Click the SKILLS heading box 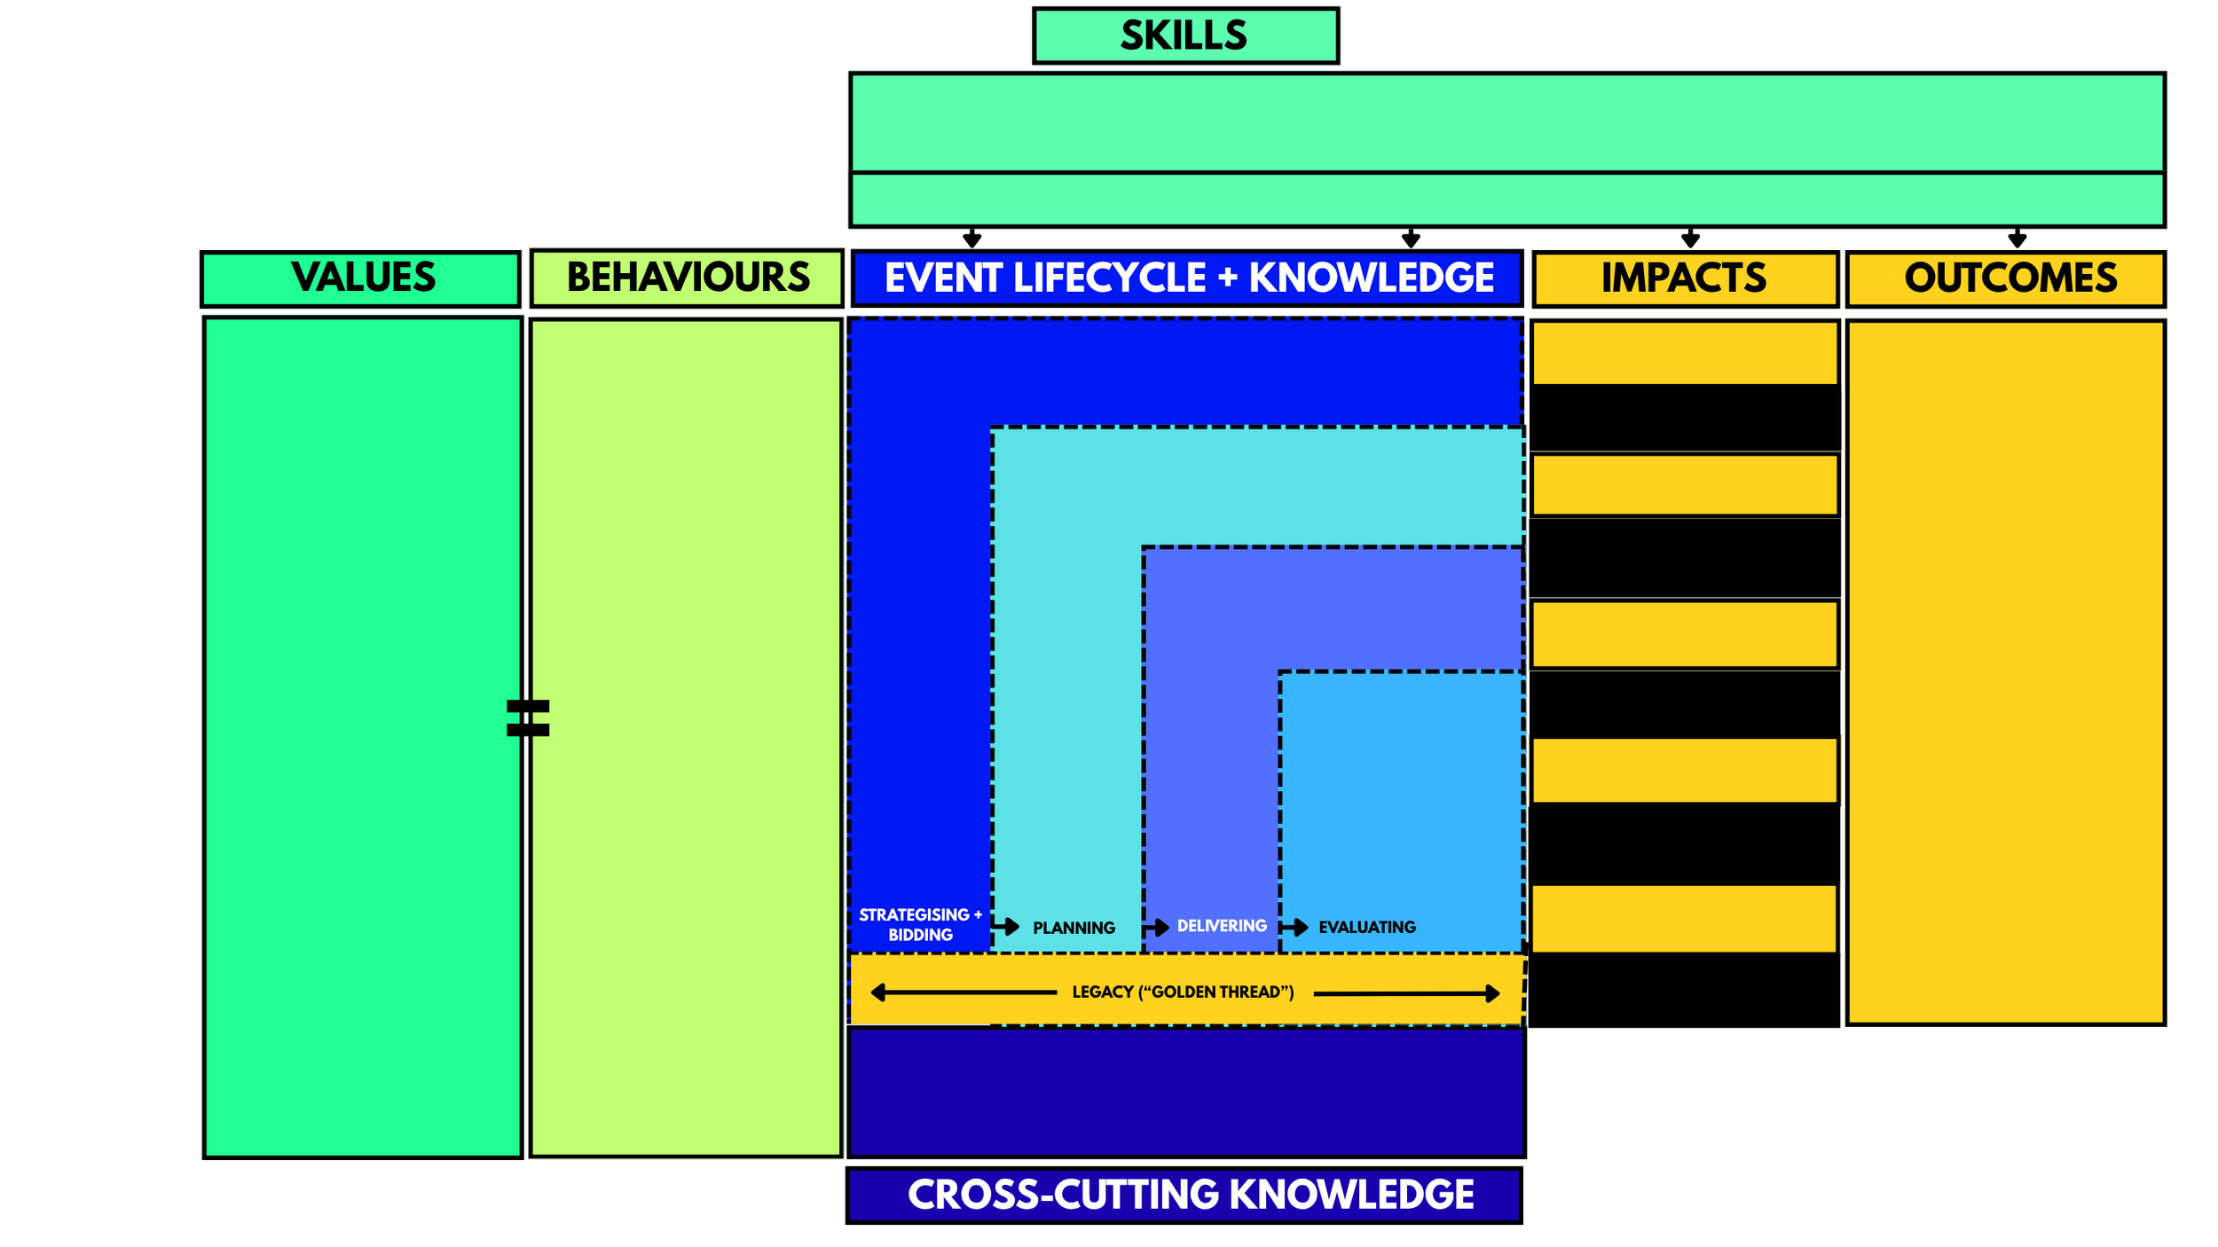click(x=1185, y=36)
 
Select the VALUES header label click(x=363, y=278)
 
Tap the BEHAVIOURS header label click(x=688, y=278)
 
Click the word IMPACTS click(x=1683, y=278)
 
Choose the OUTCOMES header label click(x=2010, y=278)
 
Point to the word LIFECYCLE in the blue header click(x=1109, y=278)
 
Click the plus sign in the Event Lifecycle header click(x=1227, y=278)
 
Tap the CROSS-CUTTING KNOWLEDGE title click(x=1190, y=1195)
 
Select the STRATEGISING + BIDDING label click(x=920, y=924)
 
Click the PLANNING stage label click(x=1074, y=928)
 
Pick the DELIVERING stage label click(x=1222, y=926)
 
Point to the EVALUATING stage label click(x=1366, y=927)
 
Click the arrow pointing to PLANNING click(x=1006, y=927)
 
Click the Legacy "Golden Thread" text click(x=1183, y=992)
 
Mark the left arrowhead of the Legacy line click(x=878, y=992)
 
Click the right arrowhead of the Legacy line click(x=1492, y=993)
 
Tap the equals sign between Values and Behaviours click(x=528, y=718)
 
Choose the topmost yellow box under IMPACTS click(x=1684, y=353)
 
